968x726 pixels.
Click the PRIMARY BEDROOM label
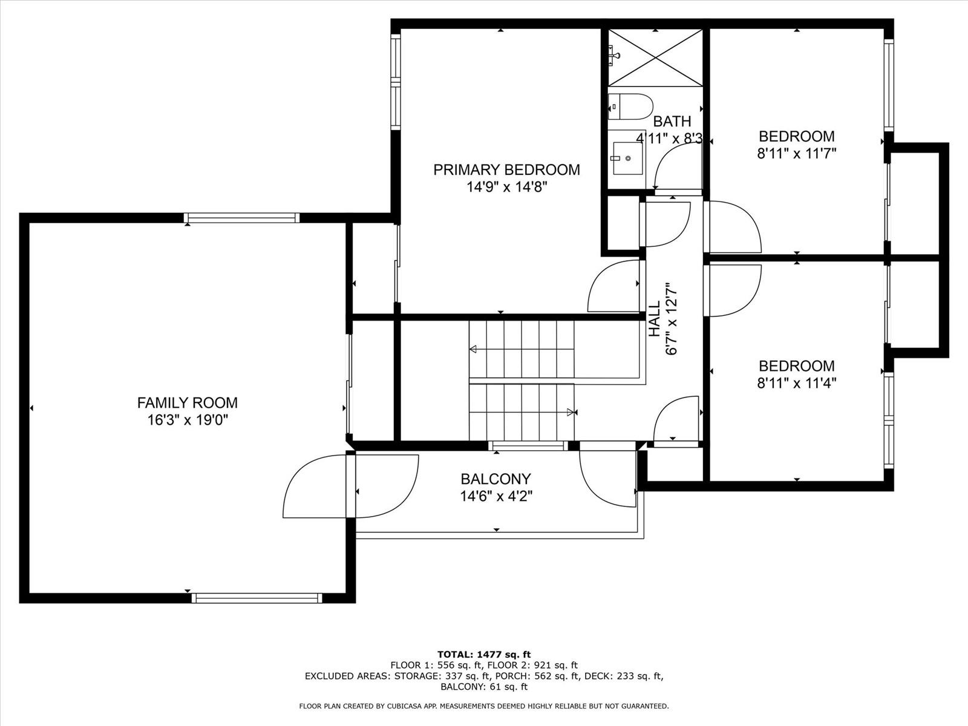pyautogui.click(x=506, y=170)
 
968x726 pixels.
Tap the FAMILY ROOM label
pyautogui.click(x=187, y=402)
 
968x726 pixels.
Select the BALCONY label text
pyautogui.click(x=495, y=479)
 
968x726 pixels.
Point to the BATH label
pyautogui.click(x=672, y=121)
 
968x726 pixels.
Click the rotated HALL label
pyautogui.click(x=655, y=318)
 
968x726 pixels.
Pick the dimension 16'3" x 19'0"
pyautogui.click(x=188, y=420)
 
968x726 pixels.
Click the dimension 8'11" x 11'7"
pyautogui.click(x=796, y=154)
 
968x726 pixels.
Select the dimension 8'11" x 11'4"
pyautogui.click(x=796, y=383)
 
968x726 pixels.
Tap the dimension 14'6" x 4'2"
pyautogui.click(x=496, y=496)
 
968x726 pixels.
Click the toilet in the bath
pyautogui.click(x=630, y=106)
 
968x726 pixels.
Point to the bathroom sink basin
pyautogui.click(x=627, y=158)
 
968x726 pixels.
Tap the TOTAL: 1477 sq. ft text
pyautogui.click(x=484, y=654)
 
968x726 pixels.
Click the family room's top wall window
pyautogui.click(x=241, y=218)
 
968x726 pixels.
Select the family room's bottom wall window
pyautogui.click(x=257, y=598)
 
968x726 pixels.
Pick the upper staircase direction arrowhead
pyautogui.click(x=473, y=350)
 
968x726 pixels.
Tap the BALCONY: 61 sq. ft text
pyautogui.click(x=484, y=687)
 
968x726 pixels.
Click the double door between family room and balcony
pyautogui.click(x=350, y=486)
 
